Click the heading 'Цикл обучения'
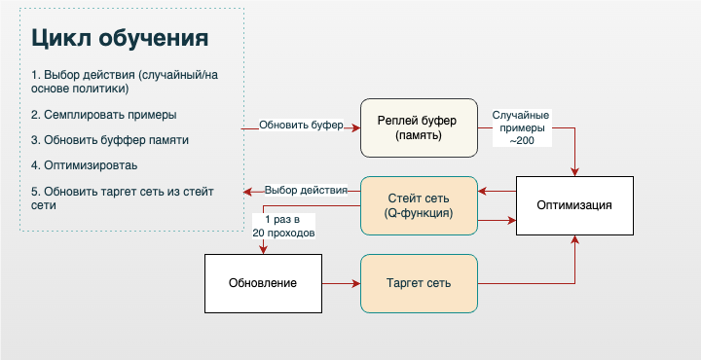coord(119,38)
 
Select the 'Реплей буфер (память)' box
coord(419,127)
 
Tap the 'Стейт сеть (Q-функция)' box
coord(419,205)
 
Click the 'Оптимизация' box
coord(574,205)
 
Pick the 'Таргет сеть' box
coord(419,283)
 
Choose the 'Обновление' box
coord(263,283)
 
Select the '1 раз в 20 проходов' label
coord(282,227)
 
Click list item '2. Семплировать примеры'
coord(103,114)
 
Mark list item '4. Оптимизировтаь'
coord(84,164)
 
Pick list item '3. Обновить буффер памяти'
coord(109,139)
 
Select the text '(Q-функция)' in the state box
coord(419,212)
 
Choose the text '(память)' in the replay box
coord(419,135)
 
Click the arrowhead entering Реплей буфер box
coord(355,127)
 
